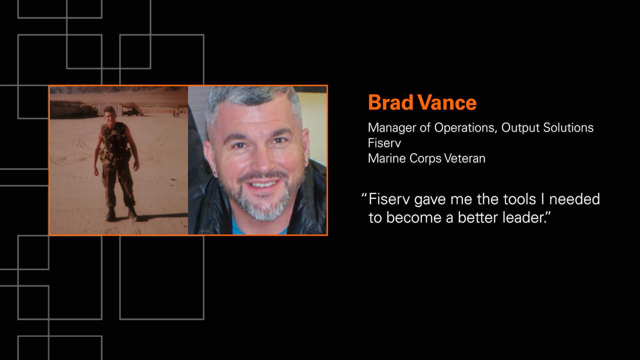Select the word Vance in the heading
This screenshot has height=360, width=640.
point(446,102)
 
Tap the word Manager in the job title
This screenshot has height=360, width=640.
point(392,128)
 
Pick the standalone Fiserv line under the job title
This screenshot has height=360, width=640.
point(384,143)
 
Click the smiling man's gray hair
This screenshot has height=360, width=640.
point(253,103)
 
